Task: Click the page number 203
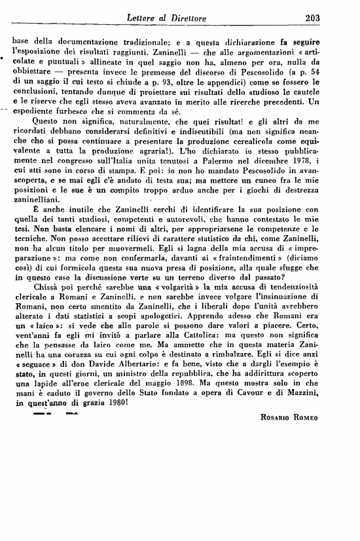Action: [x=330, y=18]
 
